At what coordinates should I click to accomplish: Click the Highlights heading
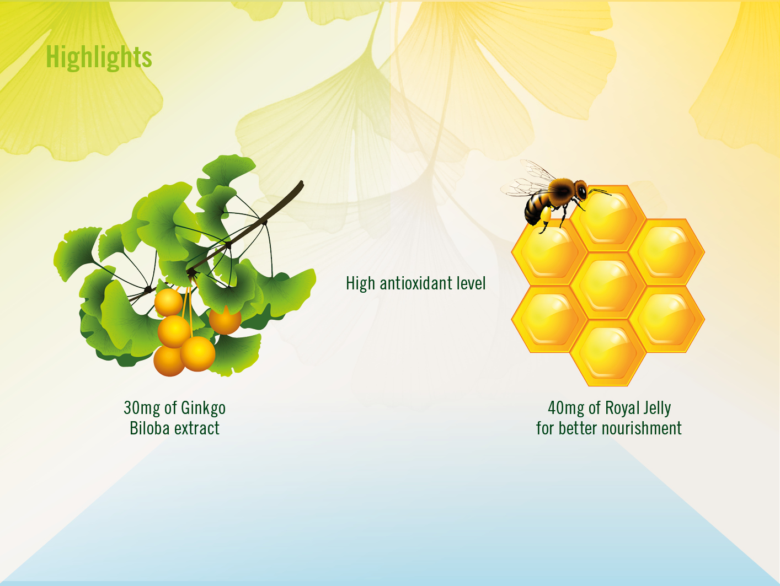click(x=99, y=57)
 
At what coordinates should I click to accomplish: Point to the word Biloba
click(x=149, y=428)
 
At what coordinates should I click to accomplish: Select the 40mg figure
click(x=566, y=408)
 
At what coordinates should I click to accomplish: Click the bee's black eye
click(x=582, y=192)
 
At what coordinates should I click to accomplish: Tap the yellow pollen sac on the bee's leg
click(x=545, y=214)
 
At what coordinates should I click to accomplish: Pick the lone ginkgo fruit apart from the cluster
click(x=225, y=320)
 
